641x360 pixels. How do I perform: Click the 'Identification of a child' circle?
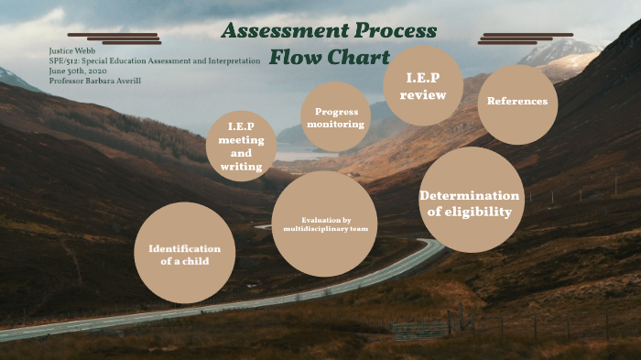(x=184, y=253)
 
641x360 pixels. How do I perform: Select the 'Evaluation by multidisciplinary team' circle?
(x=325, y=224)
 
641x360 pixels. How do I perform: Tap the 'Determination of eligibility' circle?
(x=471, y=200)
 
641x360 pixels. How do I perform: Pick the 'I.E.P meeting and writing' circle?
(x=241, y=146)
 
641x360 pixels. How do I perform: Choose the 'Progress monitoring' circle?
(x=335, y=117)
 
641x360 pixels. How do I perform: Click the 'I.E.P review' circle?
(x=423, y=86)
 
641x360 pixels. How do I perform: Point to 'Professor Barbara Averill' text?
(x=95, y=81)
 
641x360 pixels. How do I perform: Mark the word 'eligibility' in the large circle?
(x=469, y=213)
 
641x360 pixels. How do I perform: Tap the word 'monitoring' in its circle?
(x=335, y=124)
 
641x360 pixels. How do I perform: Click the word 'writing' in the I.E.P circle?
(x=242, y=167)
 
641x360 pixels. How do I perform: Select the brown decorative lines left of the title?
(x=127, y=38)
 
